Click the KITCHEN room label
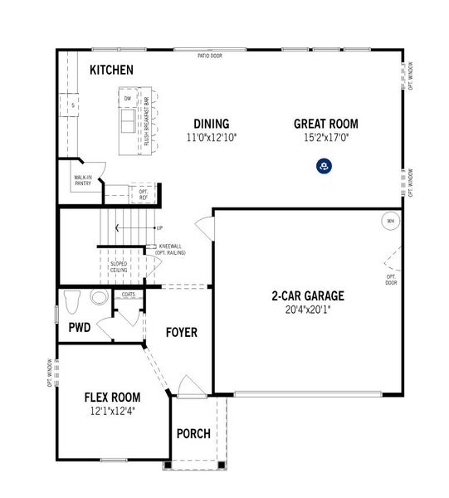(x=112, y=70)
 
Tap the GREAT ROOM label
(x=325, y=124)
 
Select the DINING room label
(x=212, y=124)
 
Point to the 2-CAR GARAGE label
(x=307, y=295)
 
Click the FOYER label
(x=181, y=333)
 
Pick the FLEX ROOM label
(x=112, y=397)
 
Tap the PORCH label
(x=193, y=434)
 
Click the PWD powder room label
(x=80, y=327)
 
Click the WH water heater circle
(x=390, y=222)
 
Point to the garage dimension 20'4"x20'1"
(x=307, y=311)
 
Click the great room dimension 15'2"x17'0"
(x=325, y=138)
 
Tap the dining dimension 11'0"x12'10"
(x=212, y=138)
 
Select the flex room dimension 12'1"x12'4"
(x=112, y=411)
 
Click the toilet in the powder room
(x=71, y=299)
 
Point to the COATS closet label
(x=128, y=295)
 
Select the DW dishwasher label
(x=128, y=100)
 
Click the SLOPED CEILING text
(x=120, y=266)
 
